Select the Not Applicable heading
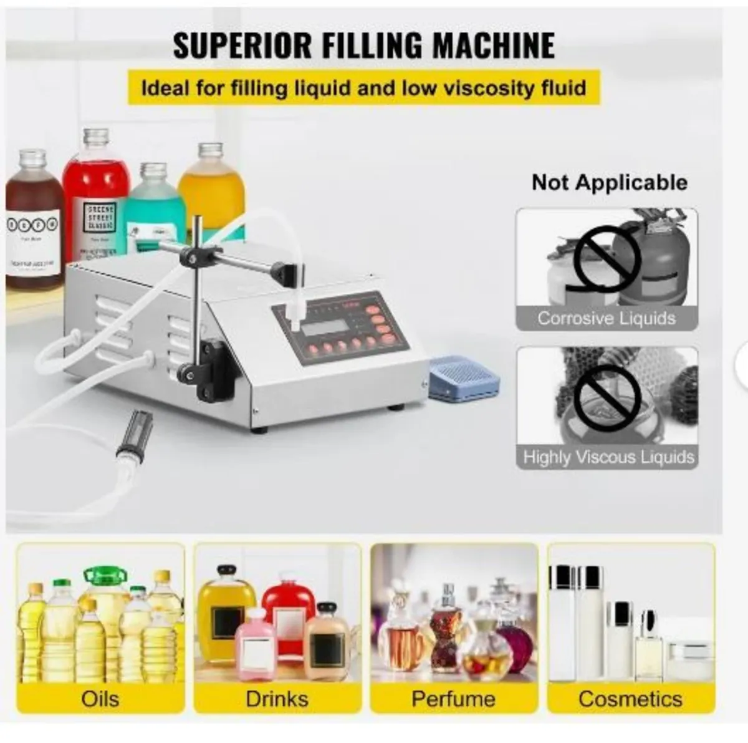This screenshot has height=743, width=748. (x=609, y=183)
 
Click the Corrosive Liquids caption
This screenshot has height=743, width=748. (x=606, y=318)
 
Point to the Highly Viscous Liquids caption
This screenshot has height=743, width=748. (x=608, y=457)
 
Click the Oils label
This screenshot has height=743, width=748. (x=100, y=698)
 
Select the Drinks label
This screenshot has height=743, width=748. (x=277, y=698)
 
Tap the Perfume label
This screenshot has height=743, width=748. (x=453, y=698)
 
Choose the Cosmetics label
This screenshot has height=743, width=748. (x=630, y=698)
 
